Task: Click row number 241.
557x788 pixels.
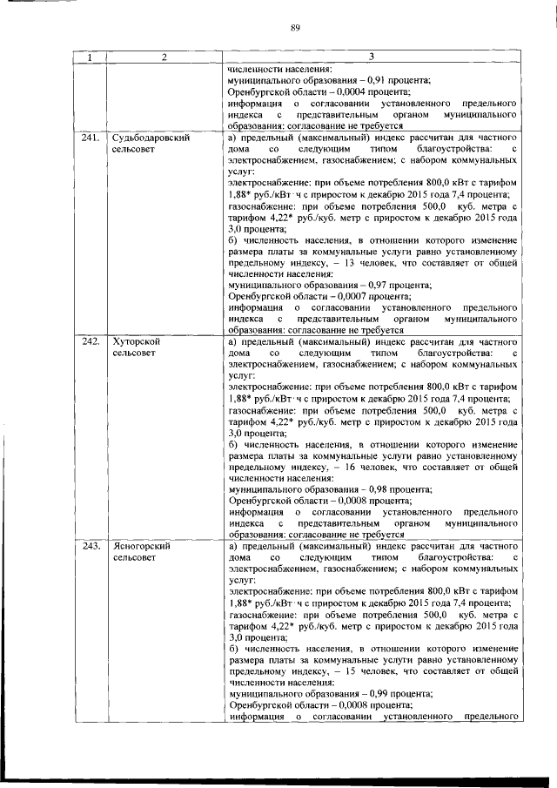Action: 91,138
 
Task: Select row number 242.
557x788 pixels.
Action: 91,341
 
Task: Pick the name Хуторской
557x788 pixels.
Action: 137,341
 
